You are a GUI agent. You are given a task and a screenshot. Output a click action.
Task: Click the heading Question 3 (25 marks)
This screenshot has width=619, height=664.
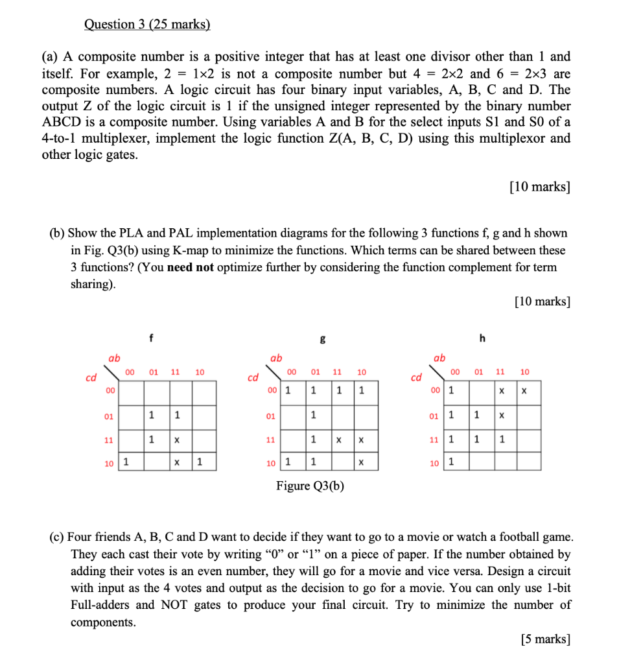[147, 25]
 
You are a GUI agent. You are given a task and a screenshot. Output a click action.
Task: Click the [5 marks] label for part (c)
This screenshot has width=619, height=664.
[545, 639]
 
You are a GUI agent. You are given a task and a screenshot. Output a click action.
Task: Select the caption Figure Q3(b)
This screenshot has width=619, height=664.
[310, 486]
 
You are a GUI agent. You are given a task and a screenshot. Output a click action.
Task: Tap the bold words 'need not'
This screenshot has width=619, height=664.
[190, 267]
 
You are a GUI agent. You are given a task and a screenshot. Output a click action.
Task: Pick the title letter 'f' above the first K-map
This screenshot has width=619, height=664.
[151, 337]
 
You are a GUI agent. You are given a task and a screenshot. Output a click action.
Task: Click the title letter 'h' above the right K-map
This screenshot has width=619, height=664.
[482, 337]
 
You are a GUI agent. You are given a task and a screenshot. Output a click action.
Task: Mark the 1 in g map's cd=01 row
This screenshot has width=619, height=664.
[312, 415]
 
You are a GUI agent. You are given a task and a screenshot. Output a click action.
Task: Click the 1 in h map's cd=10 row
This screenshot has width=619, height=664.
[451, 462]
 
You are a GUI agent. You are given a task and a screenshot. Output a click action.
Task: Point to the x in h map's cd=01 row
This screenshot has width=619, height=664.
[500, 415]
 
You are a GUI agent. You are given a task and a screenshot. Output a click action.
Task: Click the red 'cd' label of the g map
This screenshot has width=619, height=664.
[253, 377]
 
